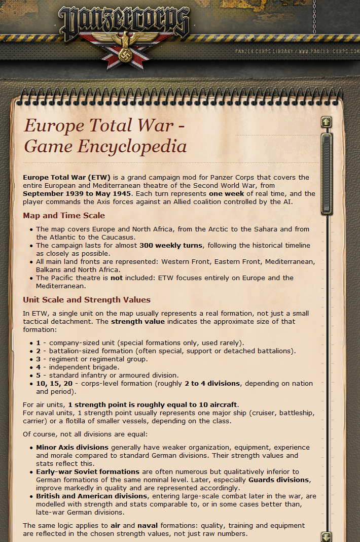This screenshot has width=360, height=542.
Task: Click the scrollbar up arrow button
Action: pyautogui.click(x=327, y=122)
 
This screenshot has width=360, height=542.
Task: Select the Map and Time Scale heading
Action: pyautogui.click(x=64, y=216)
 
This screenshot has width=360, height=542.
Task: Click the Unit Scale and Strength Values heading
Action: pyautogui.click(x=87, y=300)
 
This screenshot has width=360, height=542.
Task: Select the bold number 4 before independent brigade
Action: pyautogui.click(x=39, y=367)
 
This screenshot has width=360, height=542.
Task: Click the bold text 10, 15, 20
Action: pyautogui.click(x=55, y=383)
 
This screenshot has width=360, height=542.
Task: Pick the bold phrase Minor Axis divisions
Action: pyautogui.click(x=72, y=448)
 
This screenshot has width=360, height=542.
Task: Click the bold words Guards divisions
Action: pyautogui.click(x=278, y=480)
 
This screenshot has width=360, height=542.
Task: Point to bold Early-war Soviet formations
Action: pyautogui.click(x=88, y=471)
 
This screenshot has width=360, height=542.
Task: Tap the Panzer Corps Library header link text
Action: pyautogui.click(x=294, y=51)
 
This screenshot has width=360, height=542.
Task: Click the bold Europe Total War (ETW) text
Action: pyautogui.click(x=66, y=178)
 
